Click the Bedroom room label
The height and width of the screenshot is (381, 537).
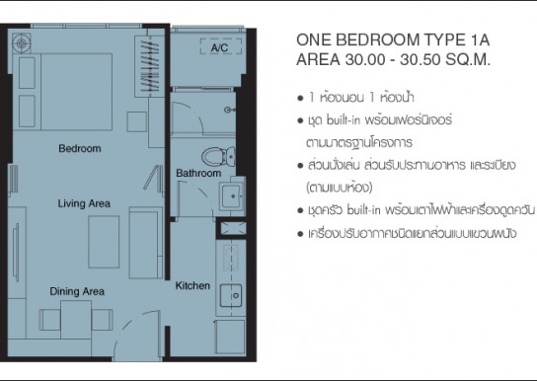[x=80, y=149]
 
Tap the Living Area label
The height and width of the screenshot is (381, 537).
[x=84, y=203]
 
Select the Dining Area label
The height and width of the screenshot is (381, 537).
[x=77, y=291]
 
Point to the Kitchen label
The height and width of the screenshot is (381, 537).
[x=192, y=285]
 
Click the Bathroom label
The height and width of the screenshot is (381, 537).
[x=198, y=173]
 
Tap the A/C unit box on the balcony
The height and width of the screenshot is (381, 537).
[x=220, y=47]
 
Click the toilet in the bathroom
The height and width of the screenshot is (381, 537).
[x=218, y=156]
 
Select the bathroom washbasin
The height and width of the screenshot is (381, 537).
[x=231, y=196]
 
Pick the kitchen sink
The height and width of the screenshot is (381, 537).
[x=230, y=295]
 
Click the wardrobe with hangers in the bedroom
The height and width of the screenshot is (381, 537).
[x=150, y=66]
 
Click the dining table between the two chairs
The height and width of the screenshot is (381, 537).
[x=76, y=320]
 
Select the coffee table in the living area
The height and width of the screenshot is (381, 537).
[x=104, y=242]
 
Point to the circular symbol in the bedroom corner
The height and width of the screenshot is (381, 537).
[x=22, y=43]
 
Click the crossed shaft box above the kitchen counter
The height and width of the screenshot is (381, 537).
[x=233, y=229]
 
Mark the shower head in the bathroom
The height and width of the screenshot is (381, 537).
[x=229, y=110]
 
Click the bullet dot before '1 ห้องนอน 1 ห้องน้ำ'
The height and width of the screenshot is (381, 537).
[x=300, y=99]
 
